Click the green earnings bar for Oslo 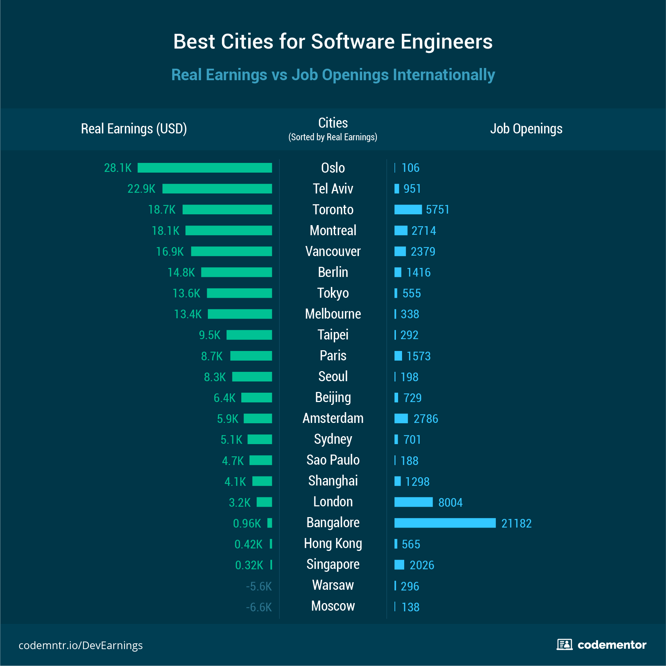205,168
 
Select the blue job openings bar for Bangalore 445,523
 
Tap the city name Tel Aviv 333,188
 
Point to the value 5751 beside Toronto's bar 438,209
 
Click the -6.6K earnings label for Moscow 259,607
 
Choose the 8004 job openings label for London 450,502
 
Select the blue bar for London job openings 413,502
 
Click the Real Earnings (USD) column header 134,128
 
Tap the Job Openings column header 526,128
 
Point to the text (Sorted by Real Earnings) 333,137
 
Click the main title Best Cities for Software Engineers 333,41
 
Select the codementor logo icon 565,644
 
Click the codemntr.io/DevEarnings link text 81,645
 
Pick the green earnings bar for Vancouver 231,251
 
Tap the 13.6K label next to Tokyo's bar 186,293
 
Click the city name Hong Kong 333,543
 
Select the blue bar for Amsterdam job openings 401,418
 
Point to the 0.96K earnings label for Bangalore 247,523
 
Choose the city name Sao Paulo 333,460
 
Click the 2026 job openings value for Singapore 422,565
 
